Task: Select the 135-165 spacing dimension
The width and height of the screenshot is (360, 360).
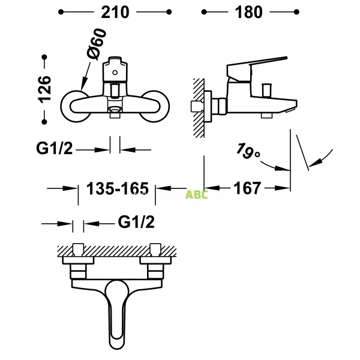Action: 118,188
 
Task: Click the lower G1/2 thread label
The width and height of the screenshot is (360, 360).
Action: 136,223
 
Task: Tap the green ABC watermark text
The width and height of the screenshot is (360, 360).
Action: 196,194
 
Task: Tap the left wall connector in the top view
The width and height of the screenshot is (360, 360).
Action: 77,255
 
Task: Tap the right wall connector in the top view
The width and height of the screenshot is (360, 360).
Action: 152,255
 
